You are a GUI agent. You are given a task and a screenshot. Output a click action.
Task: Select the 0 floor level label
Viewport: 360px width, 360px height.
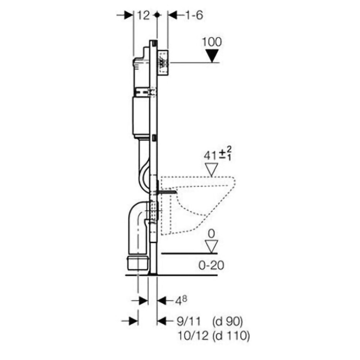(x=212, y=234)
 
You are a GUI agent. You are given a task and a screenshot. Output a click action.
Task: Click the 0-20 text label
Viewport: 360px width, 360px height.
(x=212, y=266)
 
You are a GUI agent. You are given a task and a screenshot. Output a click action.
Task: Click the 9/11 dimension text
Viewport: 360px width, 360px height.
(x=192, y=320)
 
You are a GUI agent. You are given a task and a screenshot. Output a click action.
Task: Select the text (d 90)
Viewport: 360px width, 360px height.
(x=228, y=320)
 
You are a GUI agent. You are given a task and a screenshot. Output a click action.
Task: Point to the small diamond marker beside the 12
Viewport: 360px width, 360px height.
(x=156, y=15)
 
